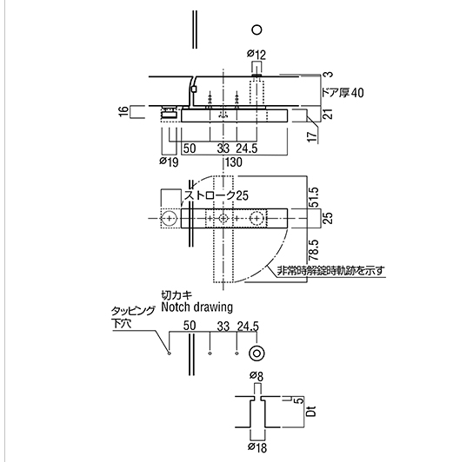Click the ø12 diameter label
tap(256, 54)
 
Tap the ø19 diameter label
tap(169, 162)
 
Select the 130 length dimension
tap(234, 162)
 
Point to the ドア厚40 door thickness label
tap(343, 93)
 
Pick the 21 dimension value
tap(329, 113)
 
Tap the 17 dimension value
tap(314, 136)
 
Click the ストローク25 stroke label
tap(217, 195)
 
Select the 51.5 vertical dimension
tap(314, 197)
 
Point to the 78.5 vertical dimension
tap(314, 250)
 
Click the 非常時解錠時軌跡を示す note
tap(331, 271)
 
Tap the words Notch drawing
tap(197, 307)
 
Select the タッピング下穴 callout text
tap(133, 317)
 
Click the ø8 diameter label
tap(256, 376)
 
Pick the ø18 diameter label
tap(257, 447)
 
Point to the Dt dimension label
tap(311, 412)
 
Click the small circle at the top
tap(257, 30)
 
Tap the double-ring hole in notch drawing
tap(256, 353)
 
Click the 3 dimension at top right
tap(330, 74)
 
